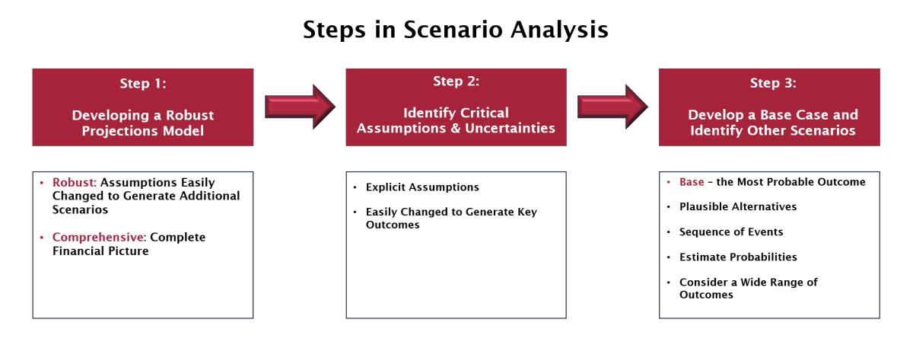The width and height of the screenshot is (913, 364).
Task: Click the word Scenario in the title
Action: (453, 30)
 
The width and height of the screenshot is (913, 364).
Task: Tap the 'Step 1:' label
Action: (143, 84)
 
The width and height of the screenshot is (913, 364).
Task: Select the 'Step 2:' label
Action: (456, 81)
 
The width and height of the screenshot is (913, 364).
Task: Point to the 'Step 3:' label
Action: (773, 83)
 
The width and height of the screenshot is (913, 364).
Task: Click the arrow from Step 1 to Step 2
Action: (300, 107)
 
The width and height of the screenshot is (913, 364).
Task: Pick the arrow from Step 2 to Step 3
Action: (612, 107)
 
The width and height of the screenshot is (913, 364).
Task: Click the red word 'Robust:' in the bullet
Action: (75, 183)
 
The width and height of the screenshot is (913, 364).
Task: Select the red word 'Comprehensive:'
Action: (100, 238)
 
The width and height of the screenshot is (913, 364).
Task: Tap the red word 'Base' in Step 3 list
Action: (692, 182)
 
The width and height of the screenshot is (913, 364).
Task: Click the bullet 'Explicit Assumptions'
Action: (422, 187)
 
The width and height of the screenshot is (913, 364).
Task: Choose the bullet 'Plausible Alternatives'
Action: (738, 207)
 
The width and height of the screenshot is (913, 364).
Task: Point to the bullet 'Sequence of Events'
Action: (731, 231)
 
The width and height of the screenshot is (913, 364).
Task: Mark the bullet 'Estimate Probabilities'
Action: (738, 257)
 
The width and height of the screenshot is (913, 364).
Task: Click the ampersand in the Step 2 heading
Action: (455, 129)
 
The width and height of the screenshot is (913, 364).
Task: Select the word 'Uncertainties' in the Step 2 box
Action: (510, 128)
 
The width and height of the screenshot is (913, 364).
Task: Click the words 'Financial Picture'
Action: (100, 251)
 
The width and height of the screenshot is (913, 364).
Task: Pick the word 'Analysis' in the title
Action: (559, 30)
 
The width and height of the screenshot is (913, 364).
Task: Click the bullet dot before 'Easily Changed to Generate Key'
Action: (355, 212)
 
